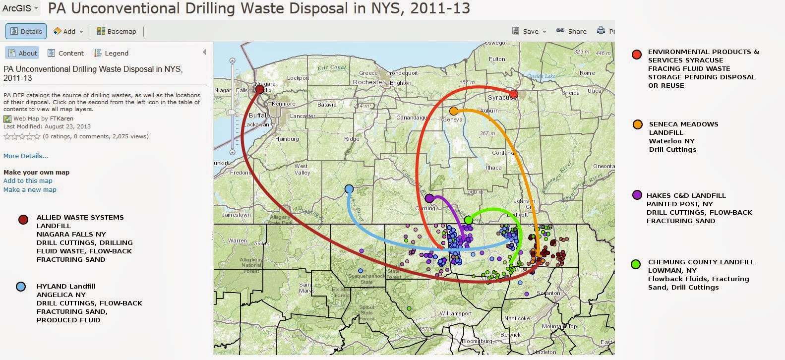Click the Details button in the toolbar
26,31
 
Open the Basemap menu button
117,31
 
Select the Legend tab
112,53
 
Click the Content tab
66,53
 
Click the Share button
572,31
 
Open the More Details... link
26,156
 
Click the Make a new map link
30,189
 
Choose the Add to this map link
28,180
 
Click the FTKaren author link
61,119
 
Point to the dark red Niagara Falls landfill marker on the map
260,89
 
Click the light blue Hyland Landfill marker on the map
349,189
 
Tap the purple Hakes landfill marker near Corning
429,198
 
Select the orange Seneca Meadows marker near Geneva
454,111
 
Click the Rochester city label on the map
368,82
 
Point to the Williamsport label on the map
456,313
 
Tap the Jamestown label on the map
236,215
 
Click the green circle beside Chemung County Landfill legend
636,264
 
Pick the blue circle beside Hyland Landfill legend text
21,287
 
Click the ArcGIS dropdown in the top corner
20,8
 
